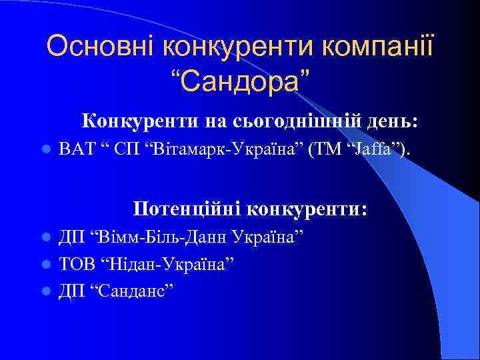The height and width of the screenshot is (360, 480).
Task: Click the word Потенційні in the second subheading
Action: click(x=187, y=209)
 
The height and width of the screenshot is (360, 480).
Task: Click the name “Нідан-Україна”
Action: click(x=167, y=264)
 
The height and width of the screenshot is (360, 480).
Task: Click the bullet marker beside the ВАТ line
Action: click(x=44, y=151)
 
